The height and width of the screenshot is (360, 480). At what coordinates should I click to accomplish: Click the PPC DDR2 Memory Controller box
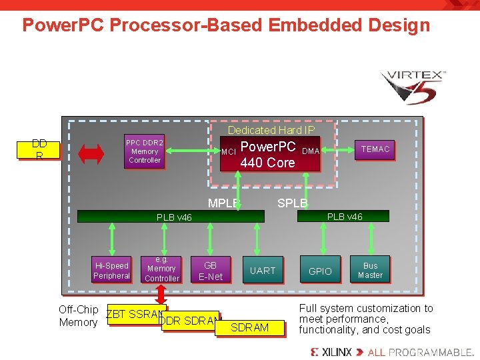coord(145,151)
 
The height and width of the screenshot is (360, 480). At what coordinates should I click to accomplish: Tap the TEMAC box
coord(375,149)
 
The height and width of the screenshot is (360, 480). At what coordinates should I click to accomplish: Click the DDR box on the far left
coord(39,149)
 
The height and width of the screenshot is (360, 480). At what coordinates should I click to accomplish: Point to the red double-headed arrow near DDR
coord(91,153)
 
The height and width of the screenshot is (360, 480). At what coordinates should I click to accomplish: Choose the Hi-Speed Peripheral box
coord(111,271)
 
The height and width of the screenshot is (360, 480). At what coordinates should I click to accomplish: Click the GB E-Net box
coord(210,271)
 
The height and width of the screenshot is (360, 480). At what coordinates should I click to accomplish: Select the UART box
coord(262,271)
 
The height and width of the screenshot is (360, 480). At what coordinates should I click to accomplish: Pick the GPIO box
coord(320,271)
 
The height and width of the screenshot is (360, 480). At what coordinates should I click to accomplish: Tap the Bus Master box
coord(370,271)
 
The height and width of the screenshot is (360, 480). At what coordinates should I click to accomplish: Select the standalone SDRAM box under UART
coord(249,327)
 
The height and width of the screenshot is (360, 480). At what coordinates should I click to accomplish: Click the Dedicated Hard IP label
coord(271,130)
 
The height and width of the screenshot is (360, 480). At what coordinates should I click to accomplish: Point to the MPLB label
coord(223,203)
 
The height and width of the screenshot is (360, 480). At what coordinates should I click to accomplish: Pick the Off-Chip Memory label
coord(78,316)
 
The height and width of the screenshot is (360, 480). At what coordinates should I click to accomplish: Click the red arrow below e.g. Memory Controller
coord(161,293)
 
